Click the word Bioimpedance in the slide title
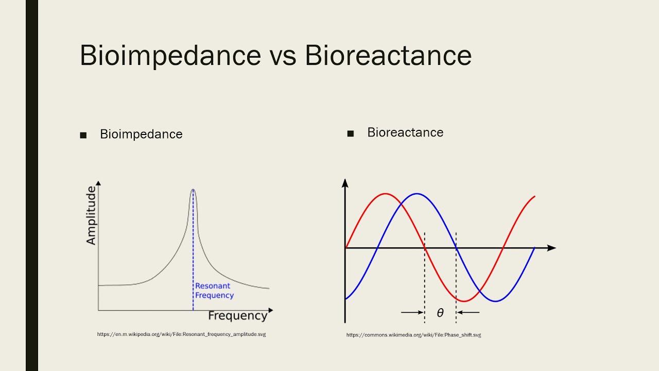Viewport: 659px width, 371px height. point(170,55)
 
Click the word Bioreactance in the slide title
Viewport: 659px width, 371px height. point(388,55)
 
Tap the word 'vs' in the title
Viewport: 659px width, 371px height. point(283,57)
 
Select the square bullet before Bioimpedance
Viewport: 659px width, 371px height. point(83,136)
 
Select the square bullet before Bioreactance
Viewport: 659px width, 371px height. point(351,134)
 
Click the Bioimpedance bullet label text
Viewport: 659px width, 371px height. point(141,134)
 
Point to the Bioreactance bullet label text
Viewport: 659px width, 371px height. point(405,132)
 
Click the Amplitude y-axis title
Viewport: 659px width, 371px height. point(91,215)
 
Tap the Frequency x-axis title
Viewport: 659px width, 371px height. point(237,316)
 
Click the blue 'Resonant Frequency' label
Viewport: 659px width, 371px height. point(214,291)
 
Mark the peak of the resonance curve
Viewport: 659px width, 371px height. point(193,190)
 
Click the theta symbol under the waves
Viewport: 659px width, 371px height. point(440,313)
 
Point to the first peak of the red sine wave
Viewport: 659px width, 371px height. point(385,194)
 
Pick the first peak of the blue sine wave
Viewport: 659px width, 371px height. point(417,194)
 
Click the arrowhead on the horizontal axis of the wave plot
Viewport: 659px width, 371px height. point(552,248)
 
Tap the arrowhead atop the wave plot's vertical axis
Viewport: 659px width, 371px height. point(345,182)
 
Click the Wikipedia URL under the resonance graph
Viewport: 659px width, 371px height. point(181,334)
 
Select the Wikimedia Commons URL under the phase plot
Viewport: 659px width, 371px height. point(413,335)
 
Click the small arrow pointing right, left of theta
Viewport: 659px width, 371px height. point(411,312)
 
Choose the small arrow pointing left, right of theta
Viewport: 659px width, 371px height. point(469,312)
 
